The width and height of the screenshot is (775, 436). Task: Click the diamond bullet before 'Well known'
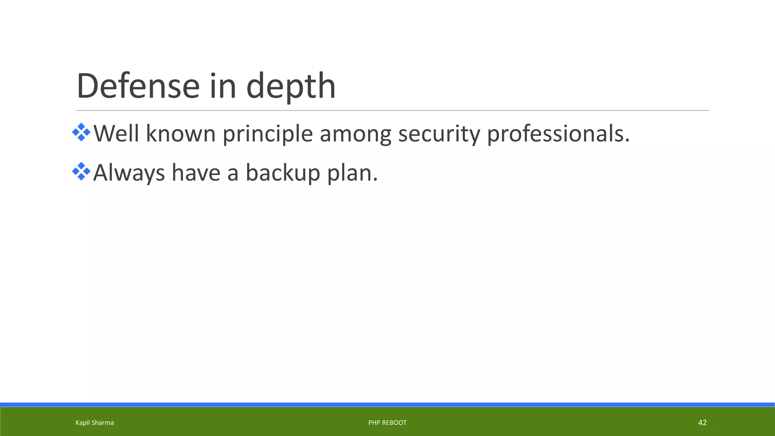(x=81, y=132)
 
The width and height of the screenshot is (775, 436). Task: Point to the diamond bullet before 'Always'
(x=81, y=171)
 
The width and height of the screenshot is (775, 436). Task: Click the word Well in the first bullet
(x=116, y=134)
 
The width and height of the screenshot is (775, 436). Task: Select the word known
(x=181, y=134)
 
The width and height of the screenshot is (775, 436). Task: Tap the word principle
(x=268, y=134)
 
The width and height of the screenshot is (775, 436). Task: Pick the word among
(x=355, y=134)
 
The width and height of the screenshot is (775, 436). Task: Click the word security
(x=439, y=134)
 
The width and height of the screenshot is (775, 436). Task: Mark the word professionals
(x=558, y=134)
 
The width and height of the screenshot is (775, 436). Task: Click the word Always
(x=129, y=173)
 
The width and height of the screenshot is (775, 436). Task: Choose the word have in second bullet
(x=196, y=173)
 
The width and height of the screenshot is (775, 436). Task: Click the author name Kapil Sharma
(x=95, y=423)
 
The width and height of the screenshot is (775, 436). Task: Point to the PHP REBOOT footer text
(x=387, y=423)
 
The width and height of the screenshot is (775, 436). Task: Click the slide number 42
(x=702, y=423)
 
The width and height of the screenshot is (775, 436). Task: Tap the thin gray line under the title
(x=392, y=111)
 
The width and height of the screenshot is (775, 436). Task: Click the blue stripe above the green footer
(x=387, y=405)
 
